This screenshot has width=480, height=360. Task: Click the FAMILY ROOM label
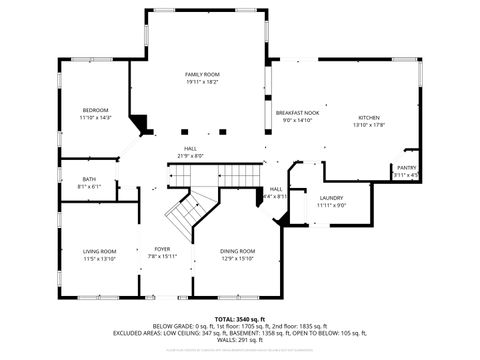click(201, 75)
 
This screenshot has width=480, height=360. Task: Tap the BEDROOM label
click(95, 109)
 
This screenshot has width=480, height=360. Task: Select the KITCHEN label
click(369, 117)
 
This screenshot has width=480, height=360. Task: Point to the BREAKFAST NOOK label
click(297, 113)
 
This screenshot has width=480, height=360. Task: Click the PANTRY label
click(406, 167)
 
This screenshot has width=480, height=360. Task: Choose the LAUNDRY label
click(332, 197)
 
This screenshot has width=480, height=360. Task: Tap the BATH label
click(89, 179)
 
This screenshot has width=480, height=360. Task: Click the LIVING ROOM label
click(99, 250)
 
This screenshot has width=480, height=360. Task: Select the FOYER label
click(162, 248)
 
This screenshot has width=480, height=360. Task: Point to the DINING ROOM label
click(238, 250)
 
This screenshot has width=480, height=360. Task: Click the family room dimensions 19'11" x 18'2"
click(201, 83)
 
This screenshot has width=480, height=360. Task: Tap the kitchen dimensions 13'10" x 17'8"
click(369, 125)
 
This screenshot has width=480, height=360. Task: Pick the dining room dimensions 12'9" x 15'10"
click(238, 258)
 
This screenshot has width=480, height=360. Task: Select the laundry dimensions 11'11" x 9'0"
click(332, 205)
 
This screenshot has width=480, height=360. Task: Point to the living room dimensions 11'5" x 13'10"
click(99, 258)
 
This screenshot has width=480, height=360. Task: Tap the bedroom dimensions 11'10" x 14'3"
click(95, 117)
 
